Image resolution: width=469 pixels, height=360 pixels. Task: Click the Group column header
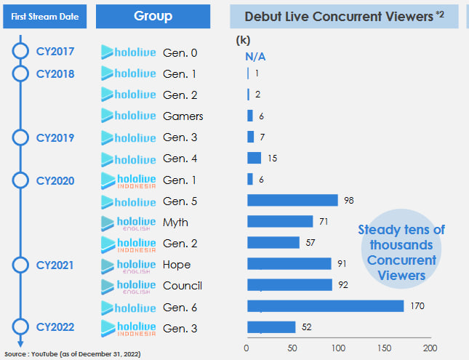click(x=153, y=16)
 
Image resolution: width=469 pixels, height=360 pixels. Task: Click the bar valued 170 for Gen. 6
click(x=325, y=306)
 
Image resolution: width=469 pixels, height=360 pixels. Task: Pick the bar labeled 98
click(x=292, y=200)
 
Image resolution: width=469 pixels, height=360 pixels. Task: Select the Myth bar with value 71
click(x=280, y=221)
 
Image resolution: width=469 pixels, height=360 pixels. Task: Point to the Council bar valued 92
click(x=289, y=285)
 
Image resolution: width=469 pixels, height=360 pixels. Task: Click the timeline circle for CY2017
click(x=20, y=52)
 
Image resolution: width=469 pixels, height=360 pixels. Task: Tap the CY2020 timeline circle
click(x=20, y=180)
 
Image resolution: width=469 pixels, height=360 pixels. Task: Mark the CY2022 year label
click(x=55, y=327)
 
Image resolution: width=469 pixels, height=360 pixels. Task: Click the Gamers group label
click(x=183, y=116)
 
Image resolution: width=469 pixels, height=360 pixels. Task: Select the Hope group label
click(x=177, y=264)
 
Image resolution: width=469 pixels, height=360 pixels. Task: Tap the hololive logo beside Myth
click(x=128, y=222)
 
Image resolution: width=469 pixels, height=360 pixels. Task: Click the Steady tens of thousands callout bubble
click(x=401, y=252)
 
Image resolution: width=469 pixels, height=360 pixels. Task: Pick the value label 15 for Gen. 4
click(x=273, y=158)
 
